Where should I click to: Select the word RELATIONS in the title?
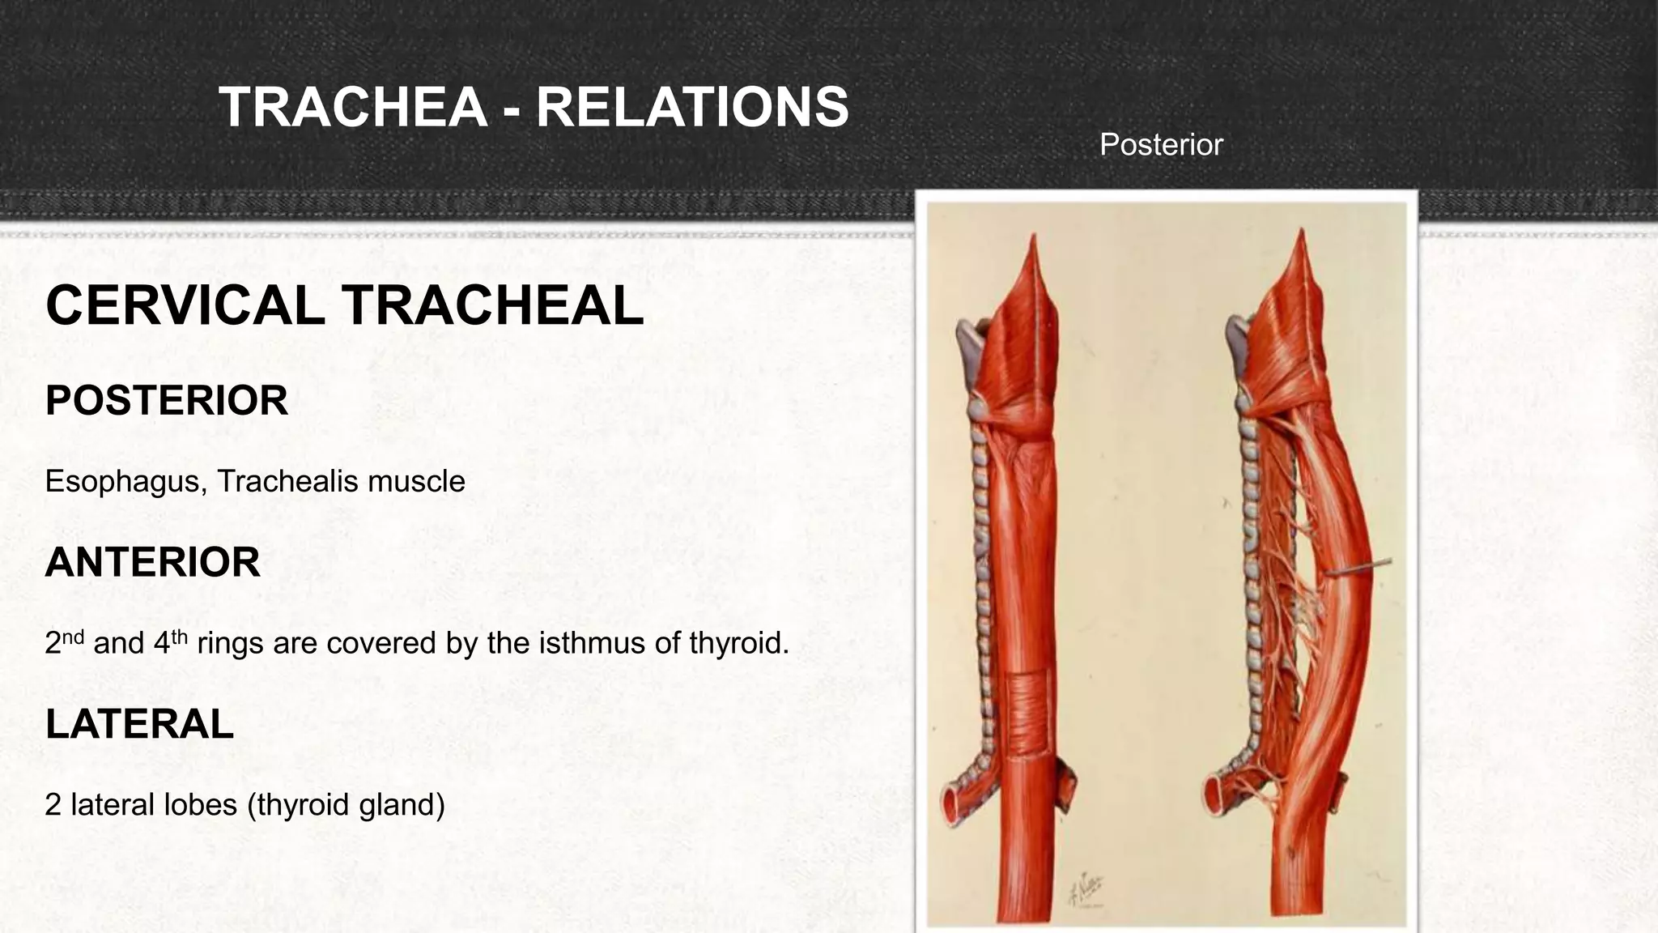[x=692, y=108]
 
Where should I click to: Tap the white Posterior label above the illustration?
[x=1160, y=145]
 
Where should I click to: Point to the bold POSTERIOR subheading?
[x=167, y=401]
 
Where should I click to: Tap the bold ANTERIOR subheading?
[x=153, y=562]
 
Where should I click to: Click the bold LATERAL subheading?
[x=139, y=724]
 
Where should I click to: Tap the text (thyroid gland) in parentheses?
[x=346, y=806]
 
